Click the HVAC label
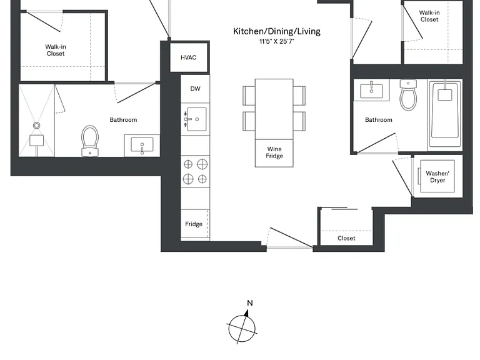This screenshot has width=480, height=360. (188, 57)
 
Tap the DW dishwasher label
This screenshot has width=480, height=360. (195, 89)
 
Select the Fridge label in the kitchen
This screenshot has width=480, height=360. (194, 224)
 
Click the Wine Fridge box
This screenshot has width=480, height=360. (274, 153)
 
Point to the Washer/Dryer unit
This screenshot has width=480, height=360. (437, 176)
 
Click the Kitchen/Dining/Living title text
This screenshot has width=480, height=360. (277, 31)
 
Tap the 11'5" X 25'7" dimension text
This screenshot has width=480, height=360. (277, 41)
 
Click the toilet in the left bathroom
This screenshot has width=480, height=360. (90, 141)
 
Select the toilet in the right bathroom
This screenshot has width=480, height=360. (408, 95)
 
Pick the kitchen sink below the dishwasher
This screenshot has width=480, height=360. (195, 119)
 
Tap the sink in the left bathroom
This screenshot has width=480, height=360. (142, 145)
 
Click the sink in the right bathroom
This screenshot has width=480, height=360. (371, 89)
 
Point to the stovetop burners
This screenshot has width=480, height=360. (195, 172)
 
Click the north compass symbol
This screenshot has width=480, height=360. (242, 327)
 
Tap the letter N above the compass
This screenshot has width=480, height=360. (250, 303)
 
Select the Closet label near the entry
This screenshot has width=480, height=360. (346, 238)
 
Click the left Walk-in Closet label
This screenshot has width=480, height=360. (56, 50)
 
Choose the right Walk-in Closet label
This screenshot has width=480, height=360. (429, 16)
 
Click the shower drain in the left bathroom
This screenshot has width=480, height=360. (36, 125)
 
